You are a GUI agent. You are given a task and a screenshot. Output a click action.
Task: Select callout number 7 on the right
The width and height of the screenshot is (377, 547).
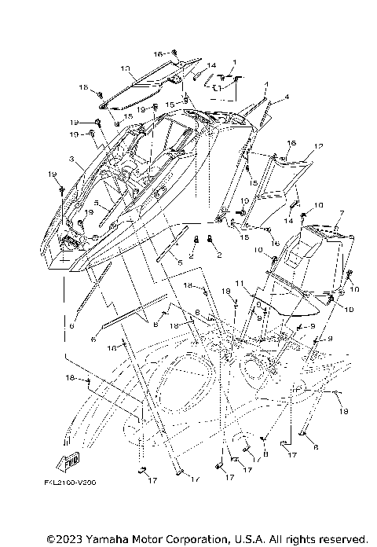(x=342, y=212)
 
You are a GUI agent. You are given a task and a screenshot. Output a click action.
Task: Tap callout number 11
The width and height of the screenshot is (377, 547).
(x=240, y=284)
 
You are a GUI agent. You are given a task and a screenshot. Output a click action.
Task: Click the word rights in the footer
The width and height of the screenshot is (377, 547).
(x=299, y=538)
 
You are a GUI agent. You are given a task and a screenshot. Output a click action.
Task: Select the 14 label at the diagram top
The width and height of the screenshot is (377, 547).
(x=211, y=66)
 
